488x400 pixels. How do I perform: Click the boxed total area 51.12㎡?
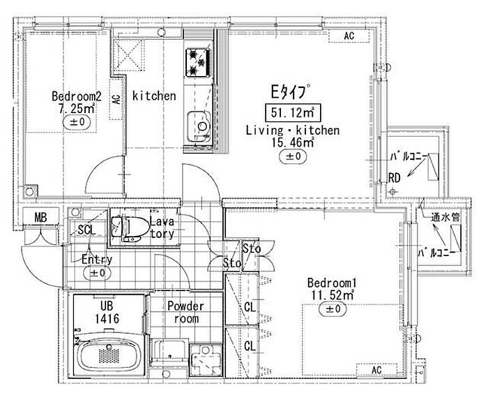(x=292, y=112)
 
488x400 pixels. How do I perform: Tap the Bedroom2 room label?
(x=77, y=96)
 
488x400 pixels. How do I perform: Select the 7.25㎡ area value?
(x=77, y=109)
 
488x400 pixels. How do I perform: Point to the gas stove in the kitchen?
(x=198, y=62)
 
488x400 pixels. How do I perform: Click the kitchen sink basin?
(x=199, y=126)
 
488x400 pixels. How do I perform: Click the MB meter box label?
(x=40, y=217)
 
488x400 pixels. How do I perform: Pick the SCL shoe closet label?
(x=87, y=230)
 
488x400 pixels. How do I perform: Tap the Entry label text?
(x=97, y=259)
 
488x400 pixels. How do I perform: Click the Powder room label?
(x=186, y=312)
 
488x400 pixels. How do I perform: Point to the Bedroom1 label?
(x=332, y=283)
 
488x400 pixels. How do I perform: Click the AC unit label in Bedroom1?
(x=376, y=370)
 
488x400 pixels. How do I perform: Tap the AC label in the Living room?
(x=349, y=36)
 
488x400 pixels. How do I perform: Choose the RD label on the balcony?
(x=394, y=178)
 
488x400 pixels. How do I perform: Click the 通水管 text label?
(x=445, y=216)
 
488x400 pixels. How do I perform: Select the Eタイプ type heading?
(x=290, y=92)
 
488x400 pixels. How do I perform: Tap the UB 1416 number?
(x=107, y=318)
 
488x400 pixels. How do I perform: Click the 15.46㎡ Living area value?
(x=293, y=142)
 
